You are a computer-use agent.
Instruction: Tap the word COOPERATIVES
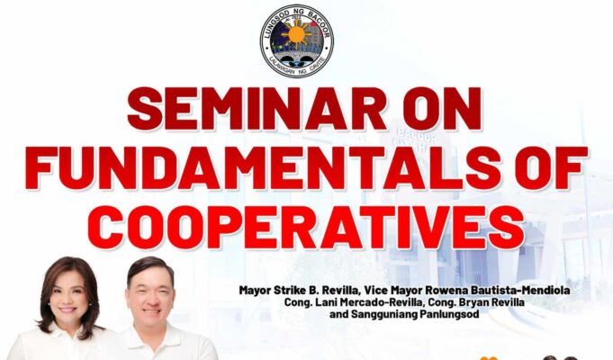pos(306,227)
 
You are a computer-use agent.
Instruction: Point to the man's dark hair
pos(151,266)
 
